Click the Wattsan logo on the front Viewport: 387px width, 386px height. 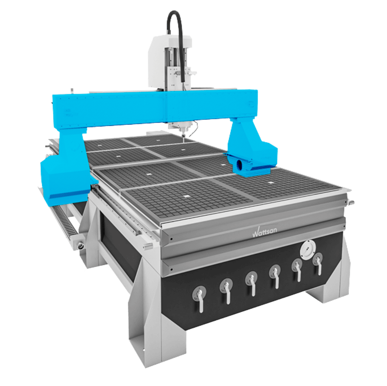coord(264,232)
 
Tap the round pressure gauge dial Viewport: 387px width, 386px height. coord(308,249)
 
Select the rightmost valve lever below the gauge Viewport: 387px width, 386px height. coord(318,263)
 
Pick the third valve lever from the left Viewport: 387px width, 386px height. coord(252,283)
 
